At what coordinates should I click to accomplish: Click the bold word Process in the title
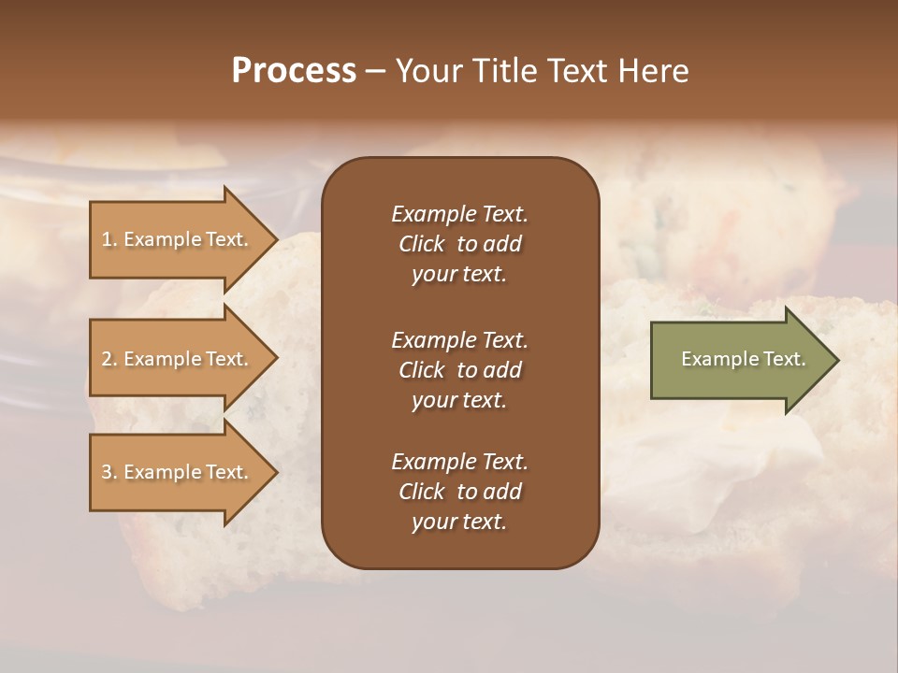[294, 71]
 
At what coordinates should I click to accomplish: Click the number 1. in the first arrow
[109, 239]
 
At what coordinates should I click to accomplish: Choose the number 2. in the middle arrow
[109, 359]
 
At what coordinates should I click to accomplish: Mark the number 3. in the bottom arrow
[109, 472]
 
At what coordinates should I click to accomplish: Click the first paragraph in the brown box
[459, 244]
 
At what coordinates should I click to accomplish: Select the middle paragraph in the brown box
[459, 370]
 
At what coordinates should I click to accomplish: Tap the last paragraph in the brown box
[459, 492]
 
